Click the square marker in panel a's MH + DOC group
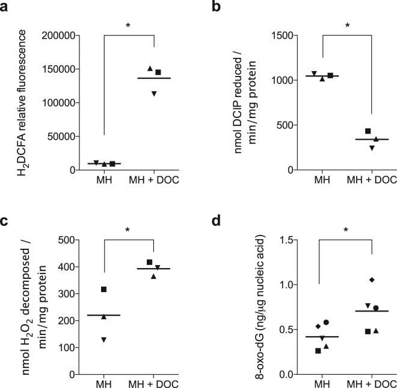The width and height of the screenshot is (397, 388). (x=158, y=73)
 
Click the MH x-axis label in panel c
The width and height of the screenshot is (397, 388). (x=103, y=383)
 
